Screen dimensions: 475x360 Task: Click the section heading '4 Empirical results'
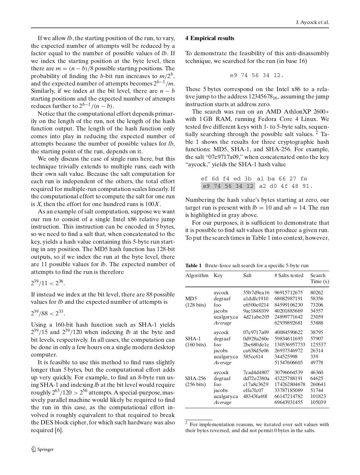coord(210,38)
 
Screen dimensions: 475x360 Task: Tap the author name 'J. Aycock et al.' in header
coord(312,23)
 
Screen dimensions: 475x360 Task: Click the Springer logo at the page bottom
coord(42,449)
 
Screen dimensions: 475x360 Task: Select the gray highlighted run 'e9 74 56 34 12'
coord(228,186)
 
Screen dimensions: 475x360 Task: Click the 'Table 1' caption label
coord(193,265)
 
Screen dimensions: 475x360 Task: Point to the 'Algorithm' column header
coord(197,275)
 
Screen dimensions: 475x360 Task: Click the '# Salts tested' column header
coord(288,275)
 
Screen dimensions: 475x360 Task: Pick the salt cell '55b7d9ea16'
coord(256,293)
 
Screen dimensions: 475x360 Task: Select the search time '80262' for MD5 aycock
coord(316,293)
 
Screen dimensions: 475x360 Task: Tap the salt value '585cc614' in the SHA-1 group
coord(253,357)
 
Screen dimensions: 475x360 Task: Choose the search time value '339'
coord(314,357)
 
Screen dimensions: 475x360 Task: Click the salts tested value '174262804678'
coord(290,384)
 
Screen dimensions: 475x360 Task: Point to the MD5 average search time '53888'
coord(316,323)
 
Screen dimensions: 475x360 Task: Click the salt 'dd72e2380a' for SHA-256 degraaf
coord(256,378)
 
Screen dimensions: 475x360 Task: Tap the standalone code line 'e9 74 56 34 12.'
coord(257,75)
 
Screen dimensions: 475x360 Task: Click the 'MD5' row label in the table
coord(191,299)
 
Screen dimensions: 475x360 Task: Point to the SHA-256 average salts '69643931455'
coord(288,402)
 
